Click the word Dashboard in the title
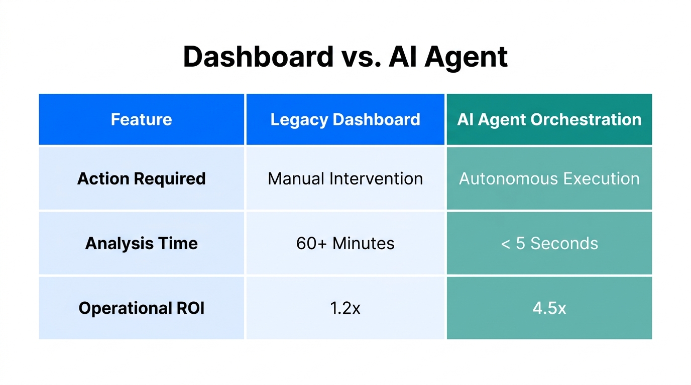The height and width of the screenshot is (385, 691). [x=258, y=57]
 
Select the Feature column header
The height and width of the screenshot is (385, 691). [x=141, y=120]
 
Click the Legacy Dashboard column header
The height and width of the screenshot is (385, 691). [x=345, y=120]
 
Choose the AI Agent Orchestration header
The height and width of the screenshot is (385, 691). [x=549, y=120]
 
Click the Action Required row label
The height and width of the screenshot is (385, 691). [x=141, y=179]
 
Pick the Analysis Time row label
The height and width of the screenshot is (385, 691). [x=141, y=244]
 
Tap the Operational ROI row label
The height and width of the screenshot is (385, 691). [x=141, y=308]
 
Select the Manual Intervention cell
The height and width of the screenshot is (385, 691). [x=345, y=179]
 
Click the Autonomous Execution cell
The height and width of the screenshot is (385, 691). [x=549, y=179]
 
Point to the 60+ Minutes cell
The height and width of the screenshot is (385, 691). [x=345, y=244]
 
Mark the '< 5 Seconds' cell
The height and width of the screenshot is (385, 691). [x=549, y=244]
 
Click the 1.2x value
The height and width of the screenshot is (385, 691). [x=345, y=308]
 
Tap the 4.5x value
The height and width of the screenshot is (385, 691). [x=549, y=308]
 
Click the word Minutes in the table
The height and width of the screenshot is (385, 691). [x=363, y=244]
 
